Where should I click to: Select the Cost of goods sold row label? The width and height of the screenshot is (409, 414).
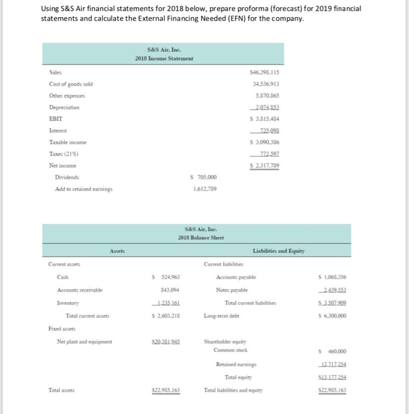(71, 83)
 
